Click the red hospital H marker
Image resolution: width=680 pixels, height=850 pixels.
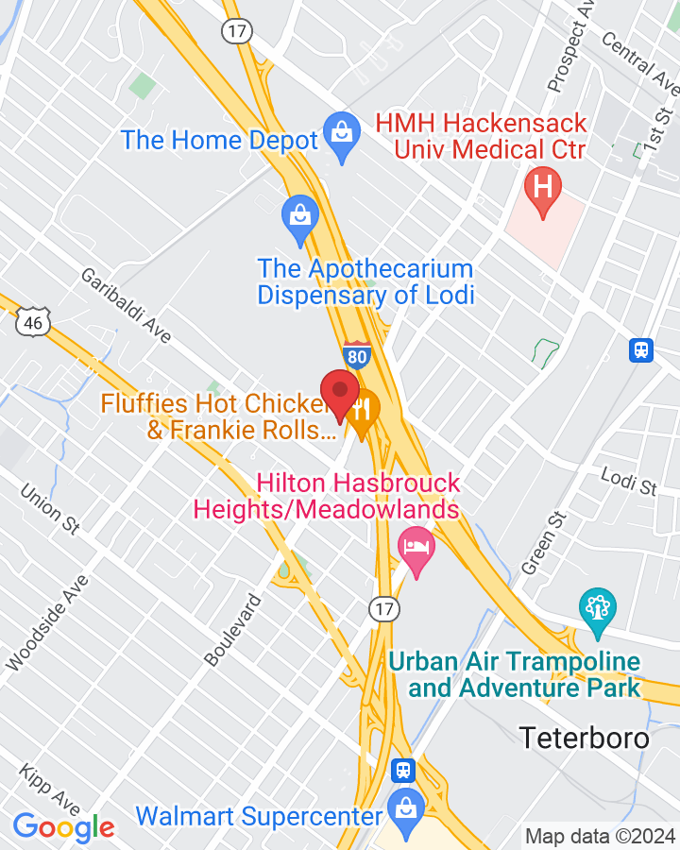point(543,186)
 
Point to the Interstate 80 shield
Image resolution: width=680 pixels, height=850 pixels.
point(357,356)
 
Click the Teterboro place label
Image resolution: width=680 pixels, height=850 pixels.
point(586,738)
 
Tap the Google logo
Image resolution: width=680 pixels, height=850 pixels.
point(64,828)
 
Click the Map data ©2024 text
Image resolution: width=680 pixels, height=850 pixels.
point(601,836)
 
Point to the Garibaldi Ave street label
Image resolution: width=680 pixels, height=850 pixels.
point(122,303)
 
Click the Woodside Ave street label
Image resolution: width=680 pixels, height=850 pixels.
point(46,622)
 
